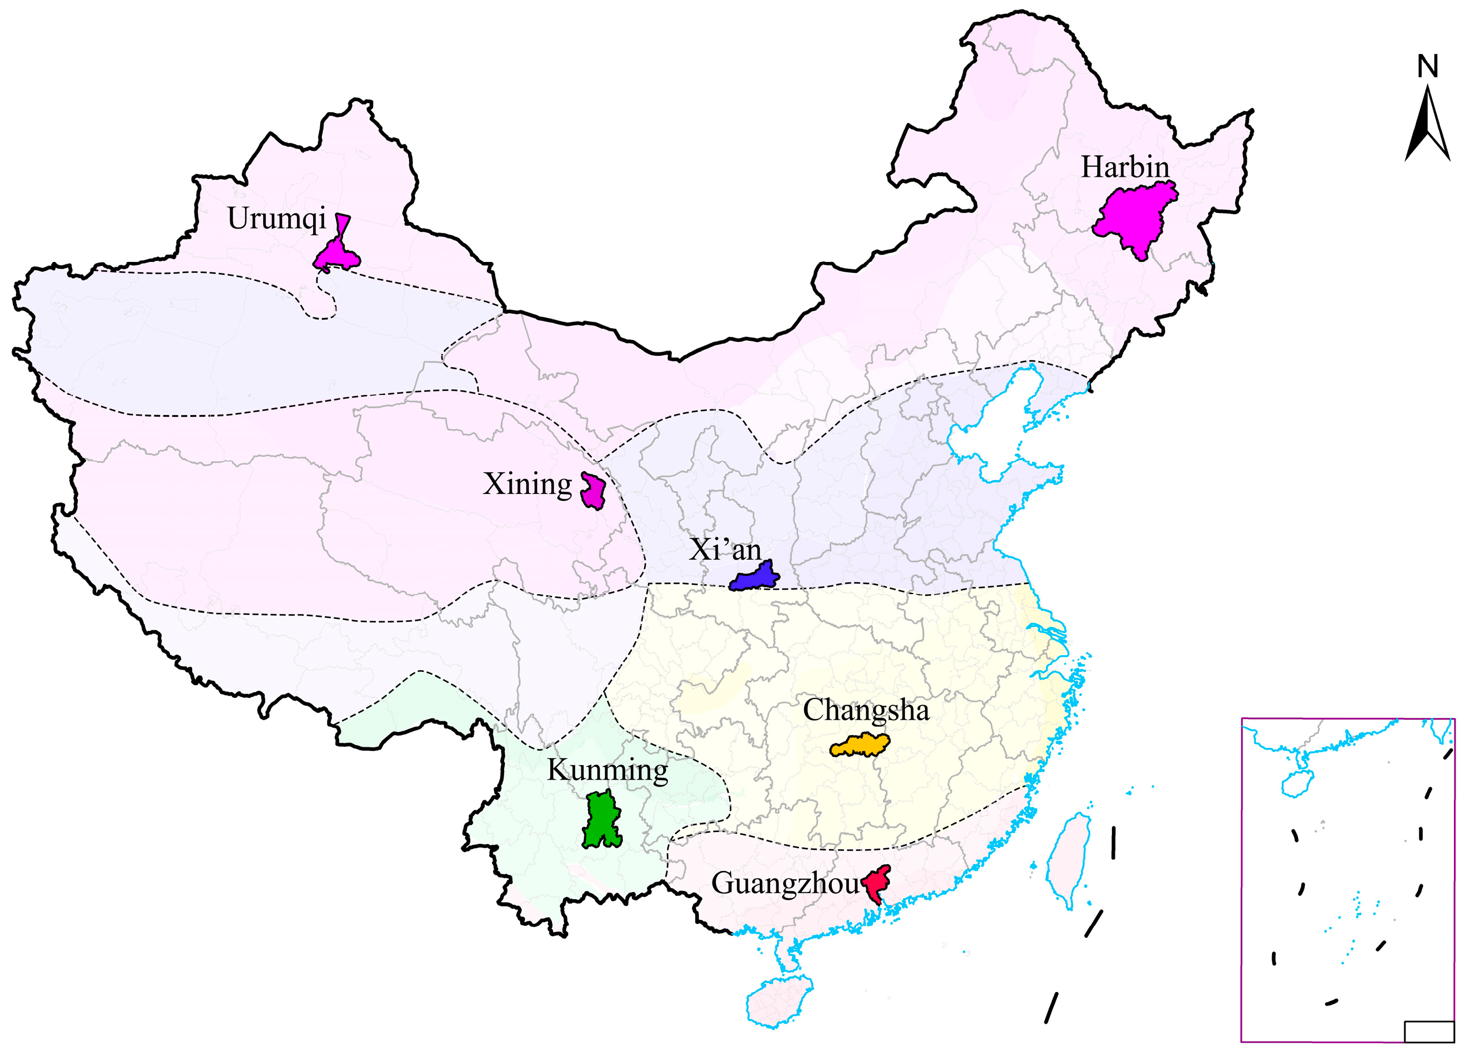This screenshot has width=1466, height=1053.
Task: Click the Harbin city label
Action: [x=1125, y=168]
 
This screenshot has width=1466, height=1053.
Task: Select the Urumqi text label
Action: [x=277, y=218]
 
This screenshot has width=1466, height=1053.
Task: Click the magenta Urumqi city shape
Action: [x=337, y=254]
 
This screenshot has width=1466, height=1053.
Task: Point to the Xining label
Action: [x=527, y=484]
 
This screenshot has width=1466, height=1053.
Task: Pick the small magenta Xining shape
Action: [x=593, y=491]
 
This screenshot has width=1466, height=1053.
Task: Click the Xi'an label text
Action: [x=725, y=550]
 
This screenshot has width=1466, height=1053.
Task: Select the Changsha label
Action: [x=866, y=710]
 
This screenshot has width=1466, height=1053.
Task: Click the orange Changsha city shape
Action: [x=860, y=746]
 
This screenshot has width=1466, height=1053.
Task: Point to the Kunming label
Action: [x=607, y=770]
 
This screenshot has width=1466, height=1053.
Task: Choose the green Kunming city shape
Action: [x=602, y=820]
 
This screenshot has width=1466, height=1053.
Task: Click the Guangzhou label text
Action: [x=785, y=884]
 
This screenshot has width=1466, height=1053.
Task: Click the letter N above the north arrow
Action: [x=1428, y=67]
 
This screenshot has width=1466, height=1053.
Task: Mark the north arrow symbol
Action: [x=1428, y=126]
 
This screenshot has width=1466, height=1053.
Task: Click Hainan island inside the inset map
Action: [x=1293, y=784]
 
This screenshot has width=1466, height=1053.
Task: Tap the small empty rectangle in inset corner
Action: [x=1429, y=1031]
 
